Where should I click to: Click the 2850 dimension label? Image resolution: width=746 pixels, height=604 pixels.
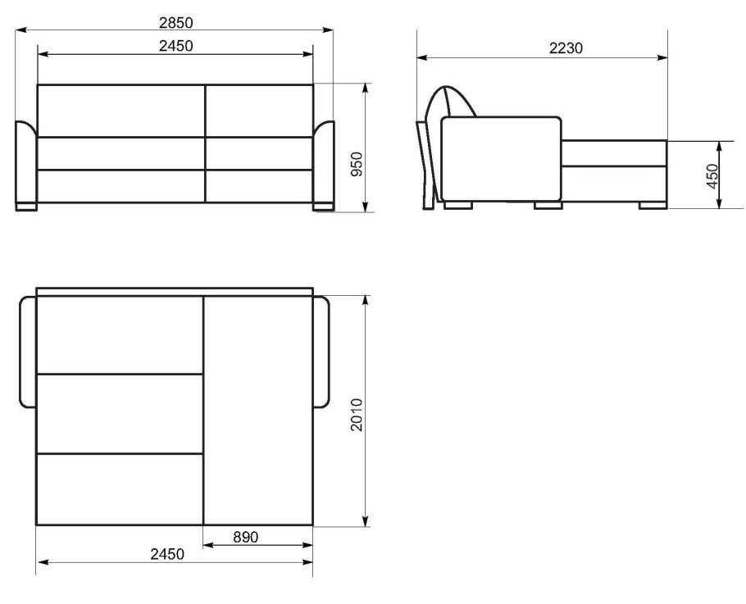pos(176,22)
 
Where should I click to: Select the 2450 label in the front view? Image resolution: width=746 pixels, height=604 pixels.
pos(176,46)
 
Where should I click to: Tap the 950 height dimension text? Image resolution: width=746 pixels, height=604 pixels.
pos(357,164)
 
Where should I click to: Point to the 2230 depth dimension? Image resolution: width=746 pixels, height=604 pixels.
pos(566,48)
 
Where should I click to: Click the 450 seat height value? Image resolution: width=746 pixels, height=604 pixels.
pos(712,176)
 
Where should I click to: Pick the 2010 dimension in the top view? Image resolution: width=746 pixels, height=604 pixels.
pos(357,415)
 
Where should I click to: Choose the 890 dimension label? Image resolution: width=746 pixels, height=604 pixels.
pos(246,537)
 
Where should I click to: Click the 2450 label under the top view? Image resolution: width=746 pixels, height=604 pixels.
pos(167,554)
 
